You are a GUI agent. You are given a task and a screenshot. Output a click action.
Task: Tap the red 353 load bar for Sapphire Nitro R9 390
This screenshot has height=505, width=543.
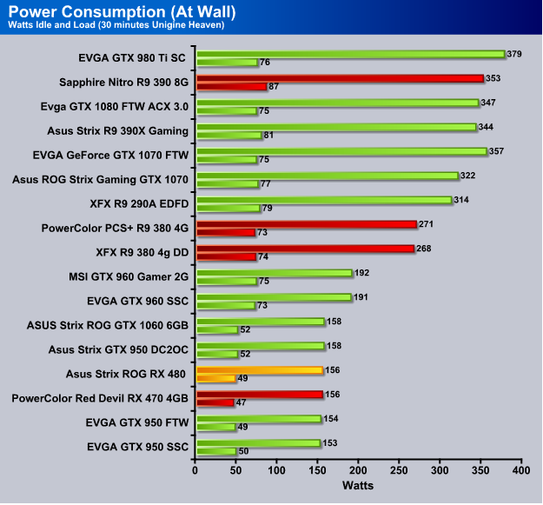(x=339, y=78)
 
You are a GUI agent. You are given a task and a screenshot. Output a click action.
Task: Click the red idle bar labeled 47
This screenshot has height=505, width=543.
(x=215, y=402)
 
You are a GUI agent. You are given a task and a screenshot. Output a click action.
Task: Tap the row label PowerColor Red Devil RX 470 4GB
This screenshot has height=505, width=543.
(x=101, y=399)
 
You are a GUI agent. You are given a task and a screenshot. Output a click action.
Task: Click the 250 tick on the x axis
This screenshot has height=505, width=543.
(x=399, y=470)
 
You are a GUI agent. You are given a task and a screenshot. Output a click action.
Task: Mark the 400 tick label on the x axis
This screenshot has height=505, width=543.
(x=520, y=470)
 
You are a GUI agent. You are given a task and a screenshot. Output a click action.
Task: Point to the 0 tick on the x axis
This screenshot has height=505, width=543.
(x=195, y=470)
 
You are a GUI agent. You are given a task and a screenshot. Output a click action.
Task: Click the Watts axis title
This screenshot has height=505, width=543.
(x=358, y=483)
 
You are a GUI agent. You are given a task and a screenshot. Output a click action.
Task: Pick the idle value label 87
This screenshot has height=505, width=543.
(x=275, y=87)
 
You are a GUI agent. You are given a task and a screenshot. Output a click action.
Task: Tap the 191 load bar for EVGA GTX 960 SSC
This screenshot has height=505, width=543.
(x=274, y=297)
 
